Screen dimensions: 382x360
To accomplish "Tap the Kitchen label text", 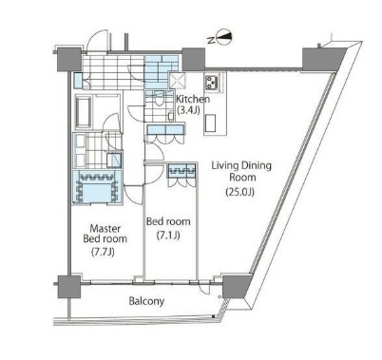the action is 193,99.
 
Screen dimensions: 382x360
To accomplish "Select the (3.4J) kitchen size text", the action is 188,110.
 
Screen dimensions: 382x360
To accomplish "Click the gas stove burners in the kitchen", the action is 211,82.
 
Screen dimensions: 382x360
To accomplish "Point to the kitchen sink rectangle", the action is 210,123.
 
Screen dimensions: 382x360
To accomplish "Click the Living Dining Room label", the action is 241,171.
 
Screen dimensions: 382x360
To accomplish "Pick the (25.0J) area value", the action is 239,192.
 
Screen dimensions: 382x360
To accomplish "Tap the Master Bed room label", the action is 105,234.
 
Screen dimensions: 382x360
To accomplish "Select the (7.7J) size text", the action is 103,252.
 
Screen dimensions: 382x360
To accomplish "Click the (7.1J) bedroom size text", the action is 168,236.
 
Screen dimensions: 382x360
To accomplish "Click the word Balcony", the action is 146,301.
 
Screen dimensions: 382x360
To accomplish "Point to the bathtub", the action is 84,111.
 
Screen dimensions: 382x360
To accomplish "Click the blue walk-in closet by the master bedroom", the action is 96,187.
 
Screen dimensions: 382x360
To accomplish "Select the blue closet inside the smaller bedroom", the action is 181,171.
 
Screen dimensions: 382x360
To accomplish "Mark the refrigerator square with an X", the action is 178,81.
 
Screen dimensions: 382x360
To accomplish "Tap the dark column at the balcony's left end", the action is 68,287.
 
